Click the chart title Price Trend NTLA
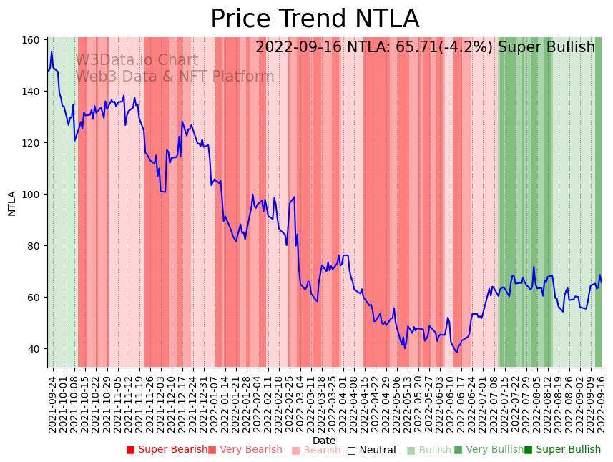[315, 19]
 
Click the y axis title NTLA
[12, 203]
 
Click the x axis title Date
[324, 441]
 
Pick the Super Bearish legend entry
[167, 450]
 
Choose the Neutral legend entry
[372, 450]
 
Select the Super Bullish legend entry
[563, 450]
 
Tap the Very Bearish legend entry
[245, 450]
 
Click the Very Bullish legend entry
[489, 450]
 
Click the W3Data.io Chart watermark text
[137, 61]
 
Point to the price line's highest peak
[52, 51]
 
